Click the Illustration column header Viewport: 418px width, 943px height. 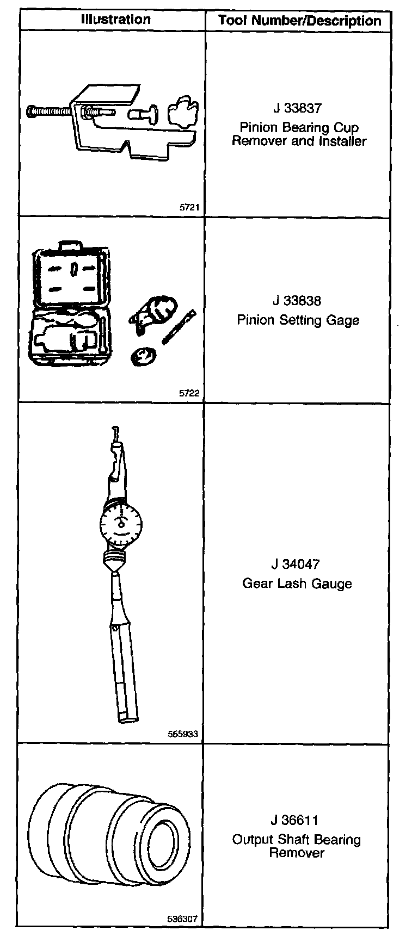[x=115, y=20]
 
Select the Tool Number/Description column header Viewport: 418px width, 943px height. [x=299, y=21]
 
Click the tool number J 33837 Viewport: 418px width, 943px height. [x=297, y=108]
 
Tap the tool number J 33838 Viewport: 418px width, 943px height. [x=297, y=301]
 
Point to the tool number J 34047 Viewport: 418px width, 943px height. [x=297, y=564]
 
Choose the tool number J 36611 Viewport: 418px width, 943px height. [x=297, y=820]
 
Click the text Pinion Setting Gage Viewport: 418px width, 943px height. [x=298, y=320]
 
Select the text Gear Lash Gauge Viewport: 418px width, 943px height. [x=297, y=584]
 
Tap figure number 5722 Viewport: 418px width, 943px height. [x=189, y=394]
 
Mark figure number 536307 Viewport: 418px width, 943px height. [x=183, y=920]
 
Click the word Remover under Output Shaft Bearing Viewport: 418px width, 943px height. [x=297, y=853]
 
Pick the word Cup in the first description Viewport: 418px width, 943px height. [x=347, y=128]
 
